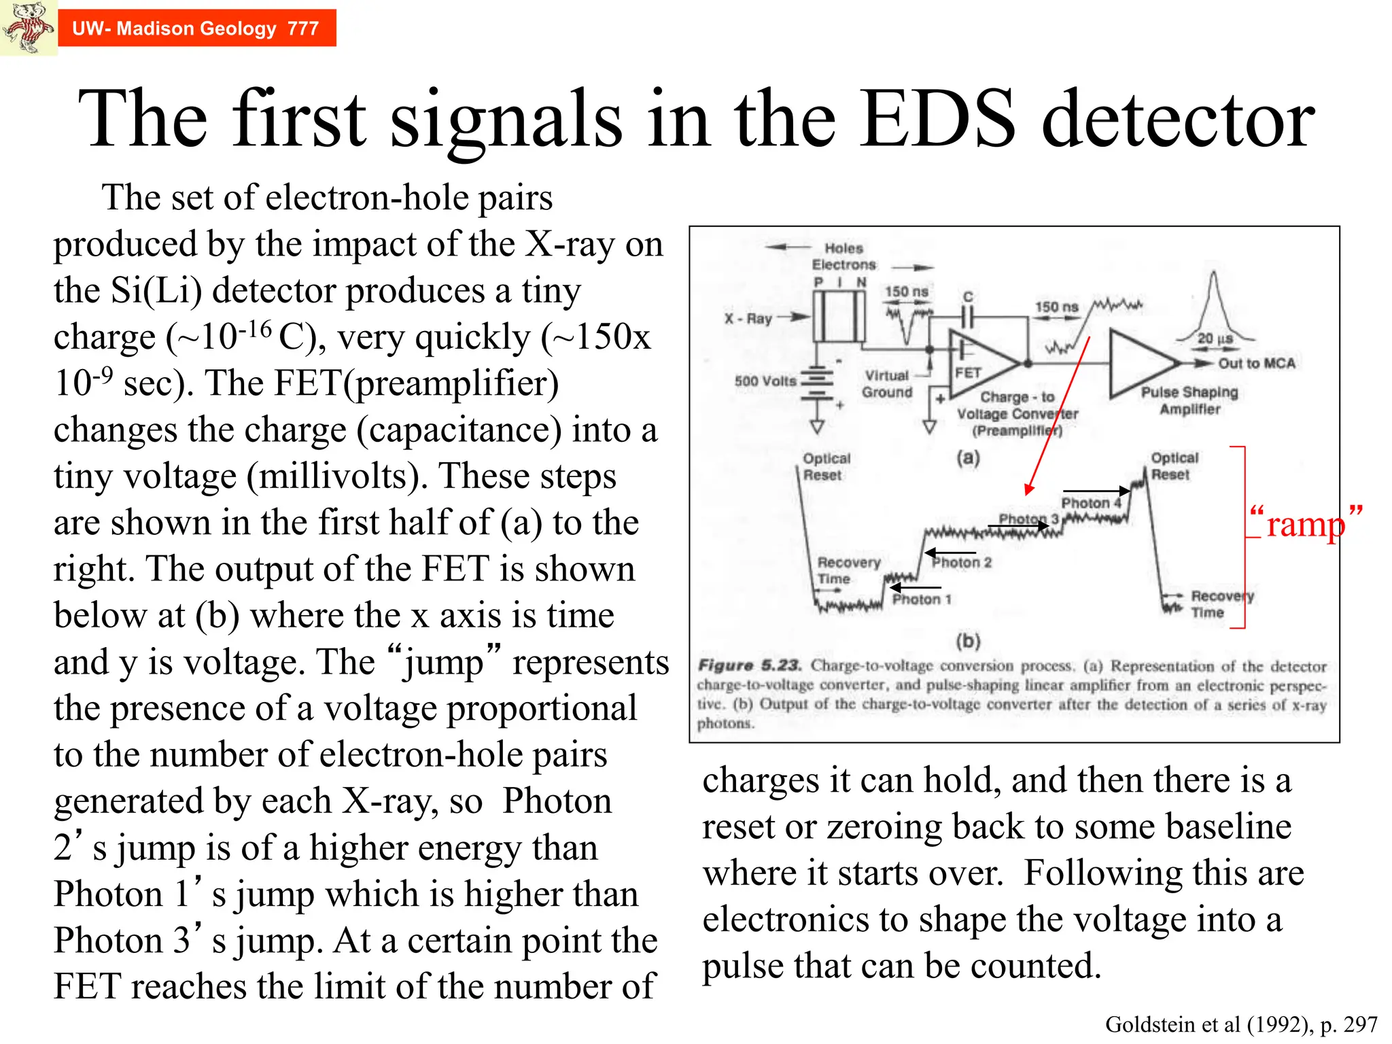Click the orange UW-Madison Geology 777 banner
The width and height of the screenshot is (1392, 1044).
196,29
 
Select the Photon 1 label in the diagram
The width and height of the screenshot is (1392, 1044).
922,599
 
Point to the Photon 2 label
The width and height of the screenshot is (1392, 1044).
962,563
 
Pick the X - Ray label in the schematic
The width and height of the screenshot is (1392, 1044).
748,318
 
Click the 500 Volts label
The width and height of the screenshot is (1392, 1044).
765,381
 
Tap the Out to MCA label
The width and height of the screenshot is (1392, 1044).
1256,364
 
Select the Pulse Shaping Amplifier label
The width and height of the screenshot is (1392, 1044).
1189,400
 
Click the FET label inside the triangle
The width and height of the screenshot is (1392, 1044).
967,372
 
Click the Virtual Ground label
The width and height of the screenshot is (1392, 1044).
887,384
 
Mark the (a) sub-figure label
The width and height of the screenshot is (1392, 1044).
968,457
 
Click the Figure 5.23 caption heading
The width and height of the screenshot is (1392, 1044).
750,665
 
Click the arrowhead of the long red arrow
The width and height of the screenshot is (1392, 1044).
1028,491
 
